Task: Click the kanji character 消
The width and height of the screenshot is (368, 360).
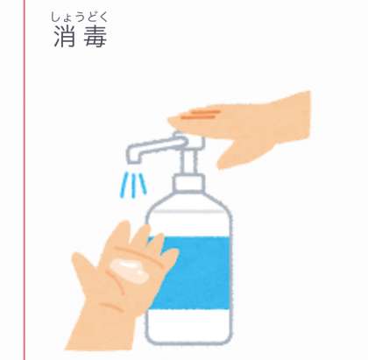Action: [x=65, y=36]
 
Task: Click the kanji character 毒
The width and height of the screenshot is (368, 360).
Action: [x=95, y=36]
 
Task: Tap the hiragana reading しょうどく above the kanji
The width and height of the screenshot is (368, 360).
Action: [x=79, y=17]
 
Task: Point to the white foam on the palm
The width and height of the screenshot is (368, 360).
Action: [x=129, y=269]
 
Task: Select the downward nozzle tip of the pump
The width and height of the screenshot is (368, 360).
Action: [x=132, y=157]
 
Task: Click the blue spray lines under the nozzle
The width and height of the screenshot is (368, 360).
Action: [x=134, y=184]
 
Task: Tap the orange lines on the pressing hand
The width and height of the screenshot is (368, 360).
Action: [x=200, y=114]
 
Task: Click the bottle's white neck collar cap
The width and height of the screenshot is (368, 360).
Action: [x=188, y=182]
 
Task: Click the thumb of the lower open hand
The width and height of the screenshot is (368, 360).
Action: [x=84, y=270]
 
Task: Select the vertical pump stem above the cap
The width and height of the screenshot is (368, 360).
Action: [x=189, y=160]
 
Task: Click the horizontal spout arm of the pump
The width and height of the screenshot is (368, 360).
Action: [x=156, y=146]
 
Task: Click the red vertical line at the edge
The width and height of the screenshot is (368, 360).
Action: [x=25, y=180]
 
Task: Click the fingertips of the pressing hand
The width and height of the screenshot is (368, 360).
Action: [x=175, y=120]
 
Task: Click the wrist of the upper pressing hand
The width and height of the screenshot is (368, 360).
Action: [x=295, y=116]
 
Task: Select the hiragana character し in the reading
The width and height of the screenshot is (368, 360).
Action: [x=54, y=17]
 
